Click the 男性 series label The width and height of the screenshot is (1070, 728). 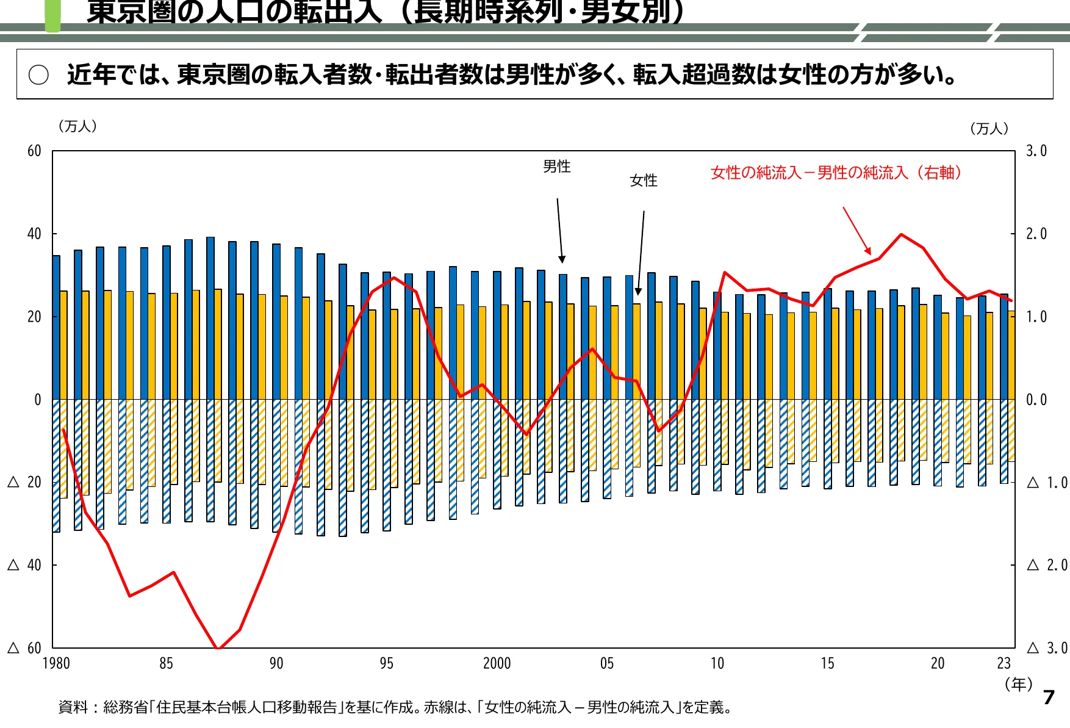[x=556, y=167]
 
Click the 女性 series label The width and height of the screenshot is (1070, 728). [x=643, y=181]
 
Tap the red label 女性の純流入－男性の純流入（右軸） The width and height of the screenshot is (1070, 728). [x=836, y=173]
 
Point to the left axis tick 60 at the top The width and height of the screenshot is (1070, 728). [x=34, y=151]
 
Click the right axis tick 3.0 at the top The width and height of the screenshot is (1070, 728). [x=1036, y=151]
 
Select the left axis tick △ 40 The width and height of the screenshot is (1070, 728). [x=25, y=565]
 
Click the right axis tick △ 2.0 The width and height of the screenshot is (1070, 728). [x=1047, y=565]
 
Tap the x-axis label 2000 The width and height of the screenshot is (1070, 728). [x=497, y=663]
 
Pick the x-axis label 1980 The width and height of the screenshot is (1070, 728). [x=56, y=663]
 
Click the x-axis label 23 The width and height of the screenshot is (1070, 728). [x=1004, y=663]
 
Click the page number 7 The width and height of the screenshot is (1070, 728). [x=1049, y=697]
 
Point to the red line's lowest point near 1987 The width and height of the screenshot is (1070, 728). [x=218, y=647]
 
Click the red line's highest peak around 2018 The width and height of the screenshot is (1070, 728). [x=901, y=234]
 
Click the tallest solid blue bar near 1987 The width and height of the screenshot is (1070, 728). [x=210, y=317]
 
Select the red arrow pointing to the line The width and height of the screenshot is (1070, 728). [x=856, y=231]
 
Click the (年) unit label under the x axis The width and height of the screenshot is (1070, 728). [x=1018, y=684]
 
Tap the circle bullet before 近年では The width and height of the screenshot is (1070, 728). [x=38, y=75]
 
